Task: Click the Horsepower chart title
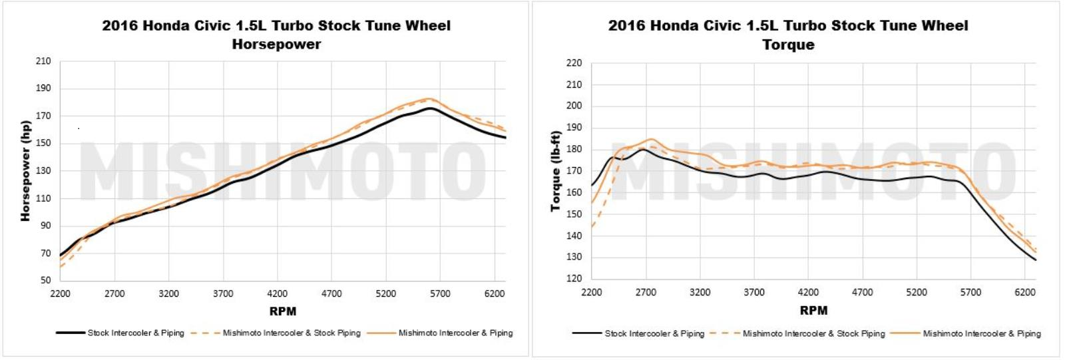276,35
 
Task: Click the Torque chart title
788,35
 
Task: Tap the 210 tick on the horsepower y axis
43,61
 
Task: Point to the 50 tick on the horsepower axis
45,280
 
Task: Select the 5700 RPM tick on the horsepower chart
440,293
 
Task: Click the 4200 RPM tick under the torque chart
808,292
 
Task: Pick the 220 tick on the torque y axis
574,63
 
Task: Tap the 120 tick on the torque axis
574,278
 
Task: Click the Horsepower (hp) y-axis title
25,171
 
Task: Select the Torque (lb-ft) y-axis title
555,171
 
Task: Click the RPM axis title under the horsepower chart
283,311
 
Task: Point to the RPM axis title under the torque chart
813,311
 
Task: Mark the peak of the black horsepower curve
430,108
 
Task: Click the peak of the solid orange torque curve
650,140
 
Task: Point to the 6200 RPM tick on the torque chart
1025,292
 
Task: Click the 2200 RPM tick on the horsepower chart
60,293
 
